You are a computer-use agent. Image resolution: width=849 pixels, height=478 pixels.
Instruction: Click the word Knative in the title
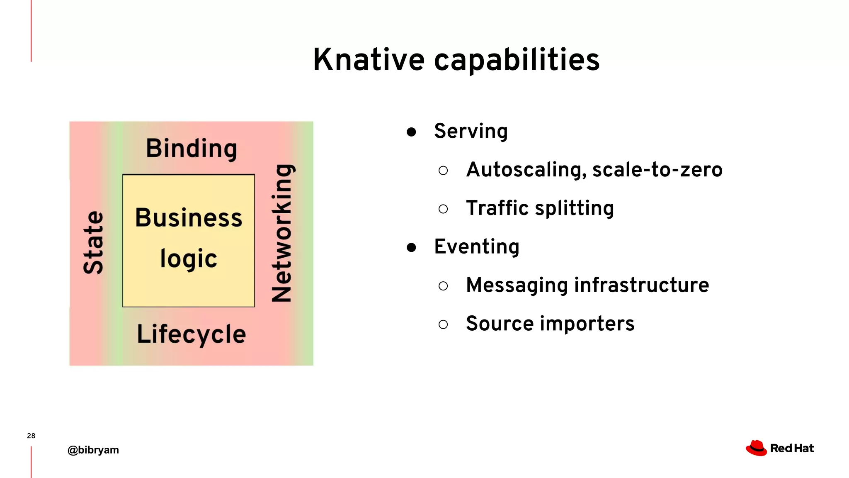(369, 60)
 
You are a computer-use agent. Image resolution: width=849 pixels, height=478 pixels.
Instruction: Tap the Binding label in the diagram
(192, 149)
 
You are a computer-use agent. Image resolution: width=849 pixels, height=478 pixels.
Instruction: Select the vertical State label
(93, 243)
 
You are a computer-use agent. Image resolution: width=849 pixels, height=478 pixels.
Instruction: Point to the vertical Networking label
(283, 233)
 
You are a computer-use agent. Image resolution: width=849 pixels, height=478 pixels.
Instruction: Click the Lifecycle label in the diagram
(192, 334)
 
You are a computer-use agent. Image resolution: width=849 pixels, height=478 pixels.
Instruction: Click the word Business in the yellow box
(189, 218)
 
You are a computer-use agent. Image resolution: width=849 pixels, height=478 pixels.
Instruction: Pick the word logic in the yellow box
(189, 259)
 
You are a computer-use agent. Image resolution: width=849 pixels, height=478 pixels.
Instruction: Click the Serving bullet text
(471, 131)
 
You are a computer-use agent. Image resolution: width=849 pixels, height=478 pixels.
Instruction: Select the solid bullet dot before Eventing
(411, 248)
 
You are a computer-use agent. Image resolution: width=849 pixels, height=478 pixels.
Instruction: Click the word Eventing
(477, 247)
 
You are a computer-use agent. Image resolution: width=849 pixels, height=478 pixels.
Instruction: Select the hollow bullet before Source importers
(443, 324)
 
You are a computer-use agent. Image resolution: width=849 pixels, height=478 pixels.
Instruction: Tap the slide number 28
(31, 436)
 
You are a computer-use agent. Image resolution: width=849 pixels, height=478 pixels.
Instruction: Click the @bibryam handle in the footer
(93, 450)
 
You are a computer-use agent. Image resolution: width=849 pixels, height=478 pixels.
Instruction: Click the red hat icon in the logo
(757, 448)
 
